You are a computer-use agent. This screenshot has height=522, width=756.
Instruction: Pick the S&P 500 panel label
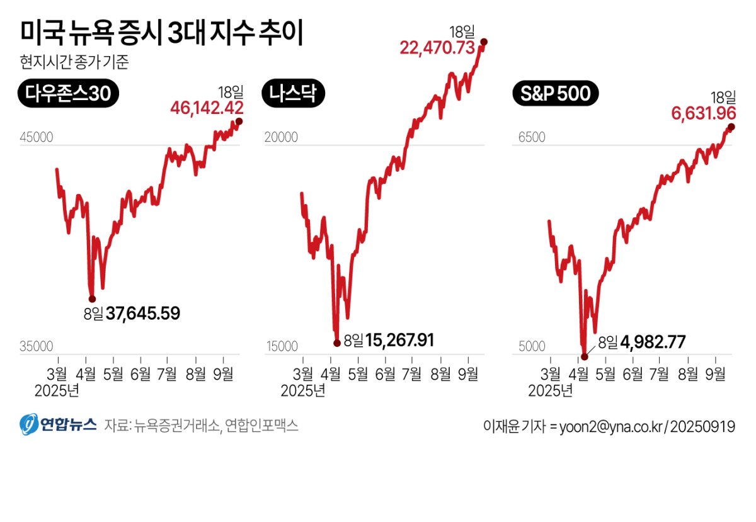555,94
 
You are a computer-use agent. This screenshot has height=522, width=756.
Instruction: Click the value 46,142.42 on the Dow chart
207,108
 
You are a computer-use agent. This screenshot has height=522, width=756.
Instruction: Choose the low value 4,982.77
653,342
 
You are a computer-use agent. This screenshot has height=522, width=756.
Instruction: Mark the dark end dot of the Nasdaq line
484,42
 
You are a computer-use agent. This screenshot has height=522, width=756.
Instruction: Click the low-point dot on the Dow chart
92,298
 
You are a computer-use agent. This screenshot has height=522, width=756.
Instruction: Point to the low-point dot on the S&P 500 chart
584,356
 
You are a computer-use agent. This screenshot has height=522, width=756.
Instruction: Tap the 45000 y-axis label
37,138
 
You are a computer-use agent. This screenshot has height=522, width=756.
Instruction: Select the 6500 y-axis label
532,138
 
